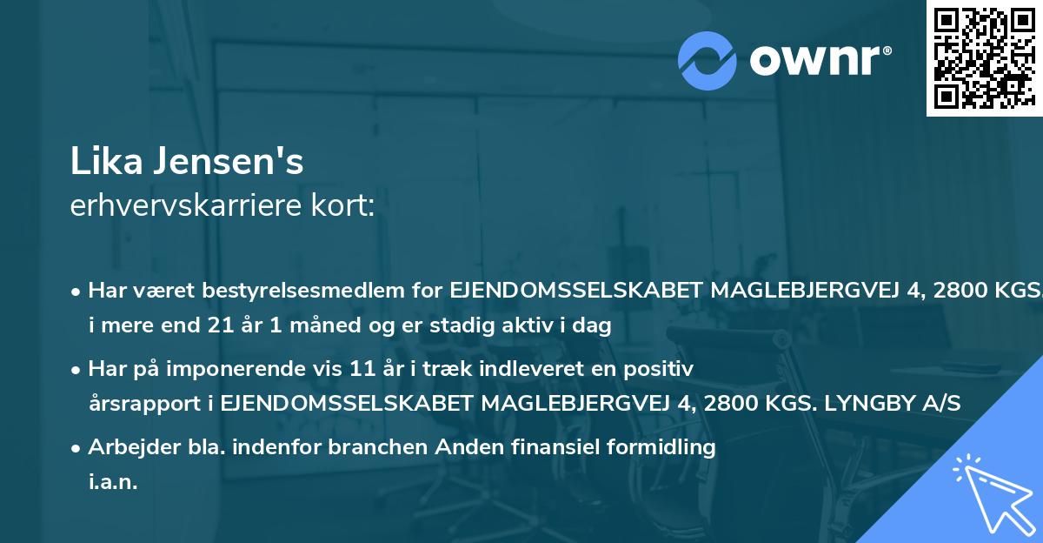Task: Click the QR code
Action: [x=984, y=57]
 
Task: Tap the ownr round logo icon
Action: [x=708, y=59]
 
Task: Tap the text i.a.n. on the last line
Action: [x=113, y=482]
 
